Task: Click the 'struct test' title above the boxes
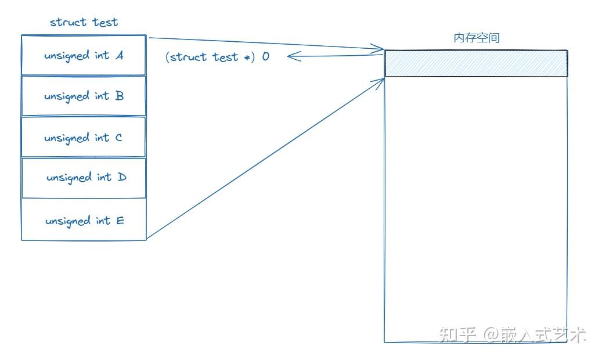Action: [x=84, y=22]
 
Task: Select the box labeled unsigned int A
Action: [x=83, y=55]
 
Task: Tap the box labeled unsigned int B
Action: [x=83, y=96]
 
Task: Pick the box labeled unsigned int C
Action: [x=83, y=137]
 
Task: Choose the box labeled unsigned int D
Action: [x=83, y=177]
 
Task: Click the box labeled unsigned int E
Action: [x=83, y=219]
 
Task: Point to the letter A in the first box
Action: [x=119, y=56]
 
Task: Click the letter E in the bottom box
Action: [x=120, y=221]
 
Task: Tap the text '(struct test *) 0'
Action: [x=217, y=57]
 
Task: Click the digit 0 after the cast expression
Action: [x=265, y=57]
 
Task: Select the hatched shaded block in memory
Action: [x=475, y=63]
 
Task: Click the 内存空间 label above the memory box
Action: [x=476, y=38]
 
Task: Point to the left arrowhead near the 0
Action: [x=291, y=56]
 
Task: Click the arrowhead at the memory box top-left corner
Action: [x=380, y=49]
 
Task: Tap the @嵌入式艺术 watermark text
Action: [x=535, y=334]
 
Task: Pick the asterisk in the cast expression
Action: [x=246, y=57]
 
